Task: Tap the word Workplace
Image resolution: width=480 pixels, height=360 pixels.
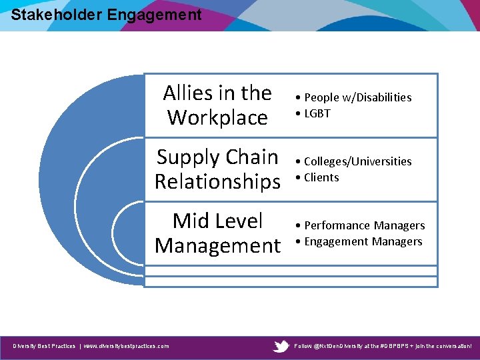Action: pos(217,117)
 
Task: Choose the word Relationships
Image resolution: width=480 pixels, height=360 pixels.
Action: pos(217,181)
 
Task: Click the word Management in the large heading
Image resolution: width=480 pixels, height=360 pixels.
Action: pos(217,245)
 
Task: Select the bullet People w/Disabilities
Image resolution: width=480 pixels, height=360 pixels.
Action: pos(357,97)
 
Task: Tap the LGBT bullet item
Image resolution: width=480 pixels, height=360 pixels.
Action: pos(317,113)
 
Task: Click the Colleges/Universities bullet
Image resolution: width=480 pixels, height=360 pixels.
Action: pos(357,161)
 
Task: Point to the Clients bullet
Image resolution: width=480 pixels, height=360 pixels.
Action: pos(321,177)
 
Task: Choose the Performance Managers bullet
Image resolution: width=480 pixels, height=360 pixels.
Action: pos(364,225)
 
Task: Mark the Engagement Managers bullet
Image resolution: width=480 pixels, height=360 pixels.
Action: pos(363,241)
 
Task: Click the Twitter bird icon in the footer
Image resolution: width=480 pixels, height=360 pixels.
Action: pos(281,346)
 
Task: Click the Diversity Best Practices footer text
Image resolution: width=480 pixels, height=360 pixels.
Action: pos(44,346)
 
